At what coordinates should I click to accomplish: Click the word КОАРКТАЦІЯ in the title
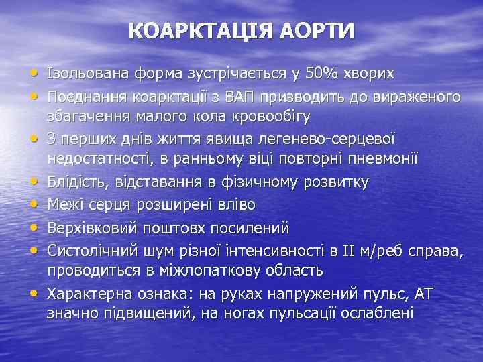click(x=195, y=32)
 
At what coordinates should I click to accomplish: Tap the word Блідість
click(x=74, y=182)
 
